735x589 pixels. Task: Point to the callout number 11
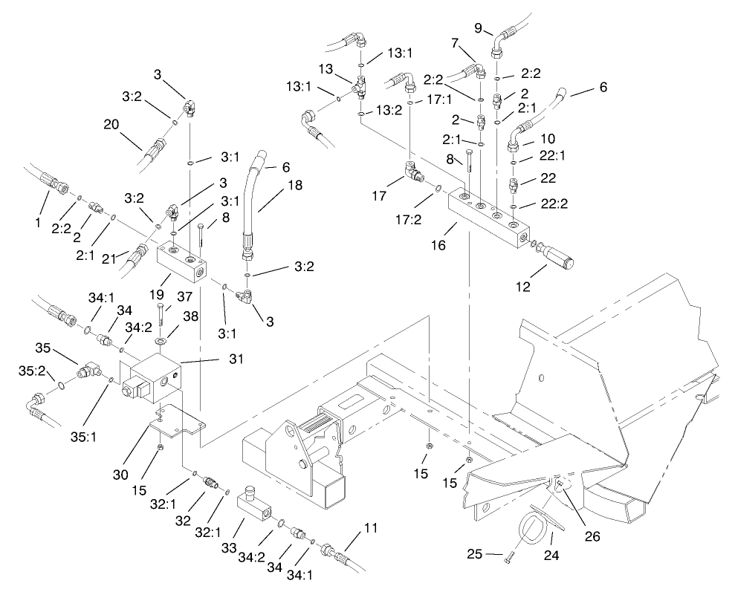pyautogui.click(x=370, y=529)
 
